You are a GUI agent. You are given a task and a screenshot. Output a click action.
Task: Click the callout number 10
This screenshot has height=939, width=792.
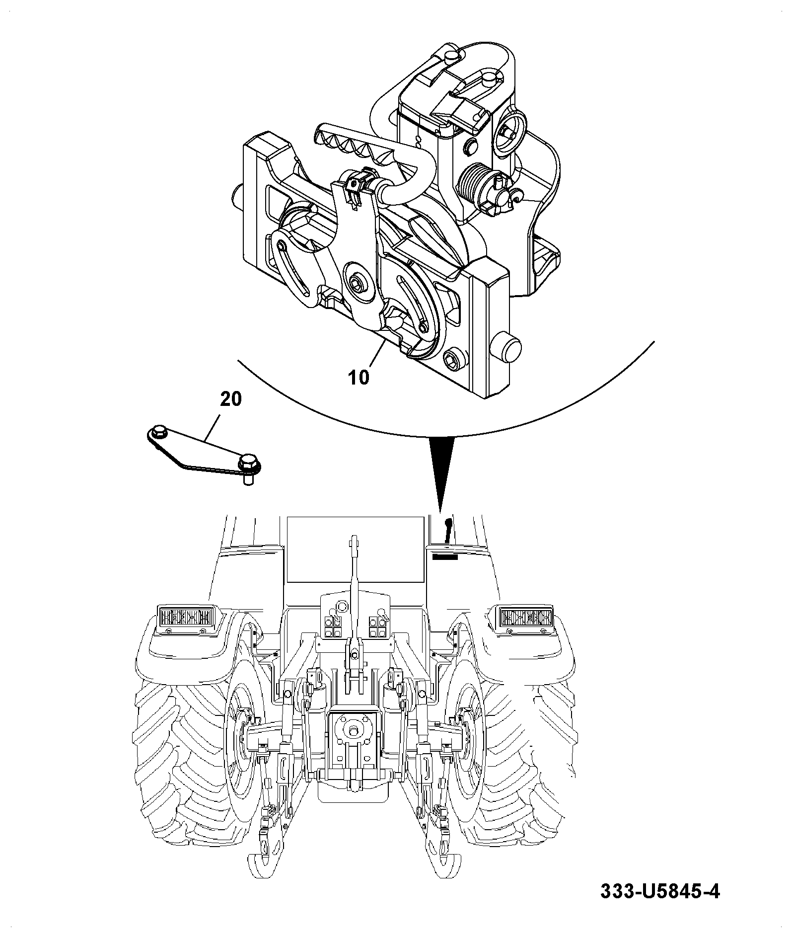(359, 378)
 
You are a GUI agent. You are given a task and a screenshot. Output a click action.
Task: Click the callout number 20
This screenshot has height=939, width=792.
(230, 399)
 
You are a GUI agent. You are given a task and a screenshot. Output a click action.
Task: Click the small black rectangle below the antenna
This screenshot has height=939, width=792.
(444, 557)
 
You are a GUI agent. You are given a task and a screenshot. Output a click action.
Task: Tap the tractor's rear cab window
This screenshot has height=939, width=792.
(356, 549)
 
